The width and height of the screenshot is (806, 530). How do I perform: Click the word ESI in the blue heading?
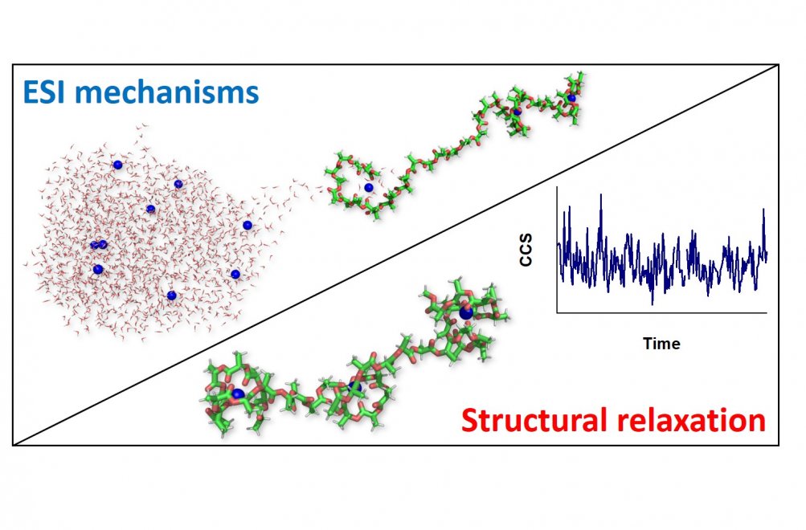(45, 92)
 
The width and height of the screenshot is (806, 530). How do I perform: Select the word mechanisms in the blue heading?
(167, 92)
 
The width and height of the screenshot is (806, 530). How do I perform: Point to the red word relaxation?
(686, 420)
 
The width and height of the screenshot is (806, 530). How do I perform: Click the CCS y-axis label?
(526, 250)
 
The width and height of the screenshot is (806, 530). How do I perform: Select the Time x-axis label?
(661, 343)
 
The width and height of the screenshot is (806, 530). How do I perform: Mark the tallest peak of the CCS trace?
(601, 195)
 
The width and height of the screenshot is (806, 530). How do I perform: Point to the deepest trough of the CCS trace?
(653, 303)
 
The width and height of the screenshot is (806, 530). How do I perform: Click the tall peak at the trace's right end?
(764, 210)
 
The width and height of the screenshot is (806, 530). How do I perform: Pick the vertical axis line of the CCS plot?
(557, 250)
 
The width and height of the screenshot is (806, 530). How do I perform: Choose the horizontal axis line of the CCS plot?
(662, 312)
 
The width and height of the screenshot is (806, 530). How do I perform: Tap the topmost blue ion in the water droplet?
(117, 165)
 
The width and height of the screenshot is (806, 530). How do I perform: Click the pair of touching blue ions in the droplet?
(99, 244)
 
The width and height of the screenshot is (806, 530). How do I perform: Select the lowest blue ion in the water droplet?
(172, 296)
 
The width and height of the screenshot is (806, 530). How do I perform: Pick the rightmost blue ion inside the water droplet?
(248, 225)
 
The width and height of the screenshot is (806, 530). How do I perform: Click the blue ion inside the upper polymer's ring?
(368, 188)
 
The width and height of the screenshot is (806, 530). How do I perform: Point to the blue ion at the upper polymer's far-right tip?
(571, 98)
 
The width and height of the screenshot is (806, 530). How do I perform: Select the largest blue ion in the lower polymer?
(466, 312)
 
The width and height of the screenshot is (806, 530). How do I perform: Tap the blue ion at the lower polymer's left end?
(238, 394)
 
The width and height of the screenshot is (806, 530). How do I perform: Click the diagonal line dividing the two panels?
(395, 255)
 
